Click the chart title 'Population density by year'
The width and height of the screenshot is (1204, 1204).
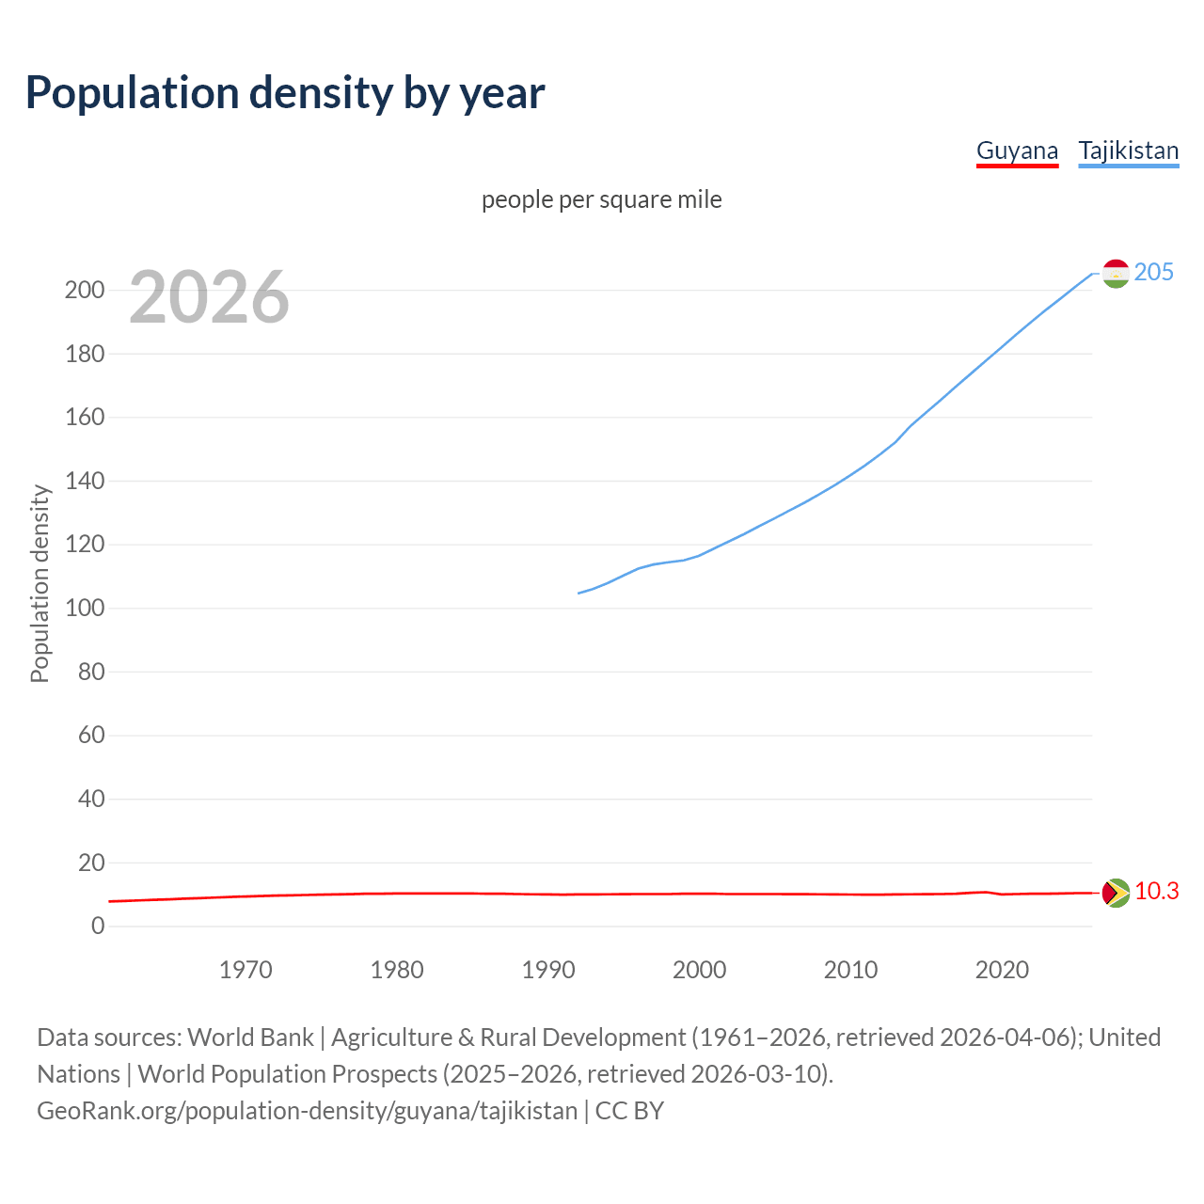285,93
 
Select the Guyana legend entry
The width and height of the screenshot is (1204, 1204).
1017,150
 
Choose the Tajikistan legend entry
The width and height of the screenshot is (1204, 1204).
1128,150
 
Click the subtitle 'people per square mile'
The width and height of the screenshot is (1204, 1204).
602,199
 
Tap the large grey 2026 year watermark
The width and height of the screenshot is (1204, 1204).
209,297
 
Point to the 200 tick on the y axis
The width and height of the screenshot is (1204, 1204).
84,290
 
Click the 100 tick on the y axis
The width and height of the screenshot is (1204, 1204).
84,608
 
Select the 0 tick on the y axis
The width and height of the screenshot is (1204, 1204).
98,926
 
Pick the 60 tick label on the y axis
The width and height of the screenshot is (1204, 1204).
91,735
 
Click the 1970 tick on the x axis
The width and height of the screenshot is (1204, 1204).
246,970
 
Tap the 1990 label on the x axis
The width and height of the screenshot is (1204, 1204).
548,970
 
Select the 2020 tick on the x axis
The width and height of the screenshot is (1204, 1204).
1002,970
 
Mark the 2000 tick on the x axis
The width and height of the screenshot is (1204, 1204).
699,970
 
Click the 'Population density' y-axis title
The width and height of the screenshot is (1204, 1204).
40,583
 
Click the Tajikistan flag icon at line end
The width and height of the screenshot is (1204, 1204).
1116,273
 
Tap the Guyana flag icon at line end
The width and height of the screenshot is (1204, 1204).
1116,892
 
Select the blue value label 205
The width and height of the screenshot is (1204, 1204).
1154,272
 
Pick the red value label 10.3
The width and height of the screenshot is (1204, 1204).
1156,891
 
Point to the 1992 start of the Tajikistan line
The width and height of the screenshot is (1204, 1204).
578,593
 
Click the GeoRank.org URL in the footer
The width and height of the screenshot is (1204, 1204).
307,1111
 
